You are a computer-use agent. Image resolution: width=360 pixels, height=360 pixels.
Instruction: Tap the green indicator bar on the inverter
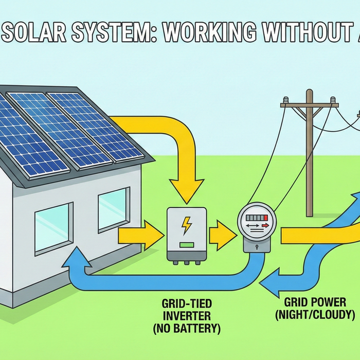coord(186,244)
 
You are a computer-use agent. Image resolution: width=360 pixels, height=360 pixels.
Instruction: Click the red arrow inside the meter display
coord(264,225)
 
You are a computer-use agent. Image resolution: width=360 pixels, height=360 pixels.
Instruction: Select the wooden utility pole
coord(309,154)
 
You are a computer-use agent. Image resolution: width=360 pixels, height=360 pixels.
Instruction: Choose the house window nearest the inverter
coord(113,208)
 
